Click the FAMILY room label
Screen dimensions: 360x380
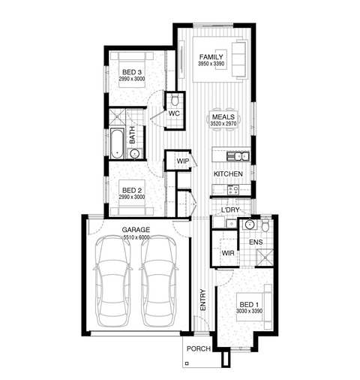211,57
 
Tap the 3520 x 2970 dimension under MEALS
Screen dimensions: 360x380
223,124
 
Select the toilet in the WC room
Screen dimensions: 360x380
175,100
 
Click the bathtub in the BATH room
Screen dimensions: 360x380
117,143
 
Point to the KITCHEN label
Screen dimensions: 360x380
228,174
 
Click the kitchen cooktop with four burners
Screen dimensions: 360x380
233,190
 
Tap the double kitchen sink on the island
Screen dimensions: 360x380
238,156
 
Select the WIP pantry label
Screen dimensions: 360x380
183,161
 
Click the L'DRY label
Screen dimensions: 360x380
230,210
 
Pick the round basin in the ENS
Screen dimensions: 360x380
249,225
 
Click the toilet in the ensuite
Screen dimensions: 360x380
265,225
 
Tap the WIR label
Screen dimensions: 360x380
228,253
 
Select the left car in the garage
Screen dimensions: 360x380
112,281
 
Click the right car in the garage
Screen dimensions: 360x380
158,281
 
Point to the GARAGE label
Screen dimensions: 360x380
136,230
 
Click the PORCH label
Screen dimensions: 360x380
199,348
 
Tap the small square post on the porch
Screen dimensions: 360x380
187,363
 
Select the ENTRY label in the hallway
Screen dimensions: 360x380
202,300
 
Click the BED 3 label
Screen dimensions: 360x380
132,72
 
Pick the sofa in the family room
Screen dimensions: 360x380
239,59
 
